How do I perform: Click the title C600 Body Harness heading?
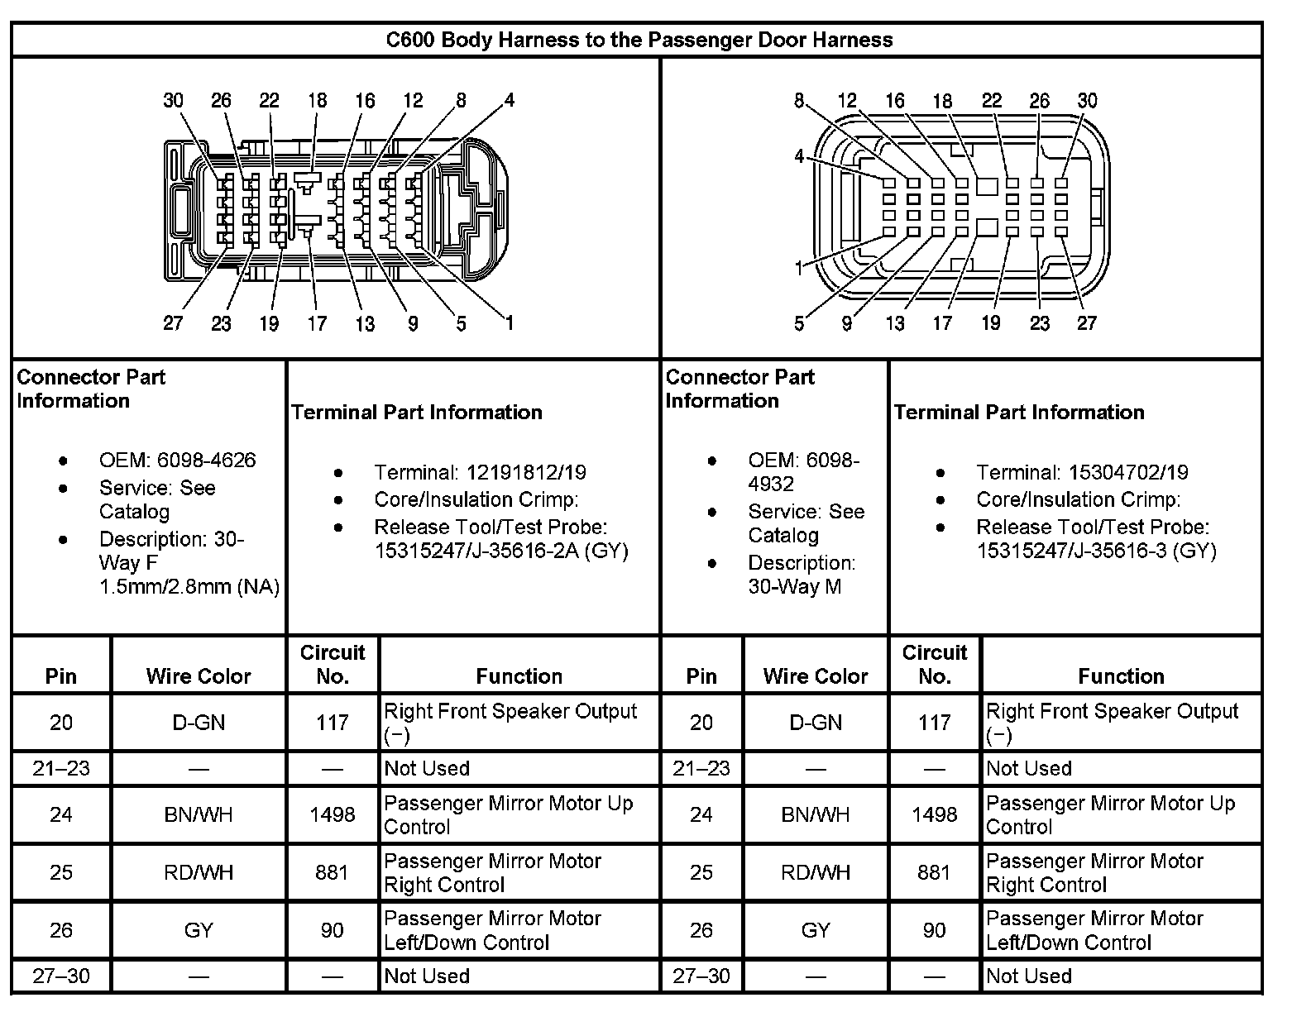click(639, 40)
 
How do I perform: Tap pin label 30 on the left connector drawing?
click(173, 101)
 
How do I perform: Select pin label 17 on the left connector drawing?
click(317, 323)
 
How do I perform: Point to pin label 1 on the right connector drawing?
click(799, 268)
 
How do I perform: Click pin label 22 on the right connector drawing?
click(991, 101)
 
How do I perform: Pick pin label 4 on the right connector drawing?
click(799, 156)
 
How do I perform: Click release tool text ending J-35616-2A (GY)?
click(501, 551)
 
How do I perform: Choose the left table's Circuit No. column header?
click(333, 664)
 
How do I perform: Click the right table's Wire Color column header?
click(816, 676)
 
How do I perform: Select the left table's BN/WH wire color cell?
click(199, 814)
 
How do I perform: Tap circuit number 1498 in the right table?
click(934, 814)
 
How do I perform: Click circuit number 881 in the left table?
click(333, 872)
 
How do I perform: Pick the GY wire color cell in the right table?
click(816, 930)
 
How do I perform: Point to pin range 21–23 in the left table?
click(61, 768)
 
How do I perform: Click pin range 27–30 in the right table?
click(701, 976)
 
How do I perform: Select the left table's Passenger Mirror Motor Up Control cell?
click(509, 814)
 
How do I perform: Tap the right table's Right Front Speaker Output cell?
click(1112, 722)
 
